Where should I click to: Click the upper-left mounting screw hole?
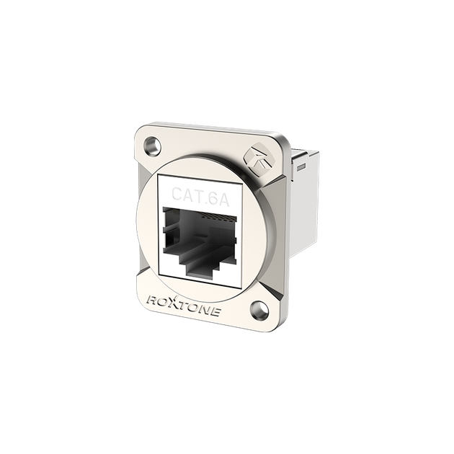[152, 143]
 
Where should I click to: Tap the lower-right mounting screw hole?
[259, 308]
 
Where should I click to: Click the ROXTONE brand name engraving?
[184, 305]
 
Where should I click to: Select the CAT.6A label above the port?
[200, 197]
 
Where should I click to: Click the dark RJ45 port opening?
[200, 240]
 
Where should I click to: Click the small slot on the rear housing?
[301, 166]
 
